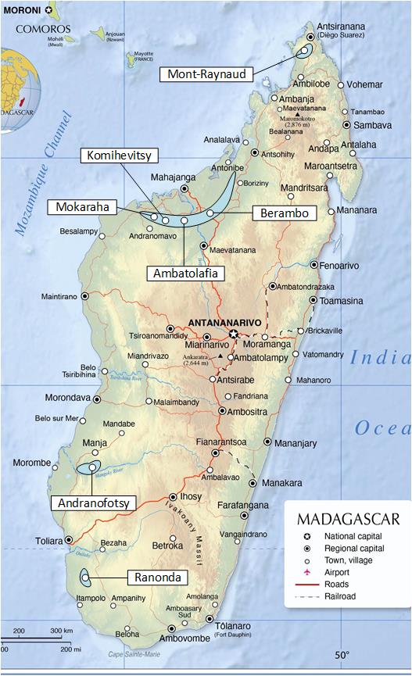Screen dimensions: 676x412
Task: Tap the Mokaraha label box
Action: (x=81, y=207)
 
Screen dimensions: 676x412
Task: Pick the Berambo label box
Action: (x=283, y=213)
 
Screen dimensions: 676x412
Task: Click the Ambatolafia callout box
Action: (x=185, y=273)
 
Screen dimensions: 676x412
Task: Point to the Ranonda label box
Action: (x=156, y=578)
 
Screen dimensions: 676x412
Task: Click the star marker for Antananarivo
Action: (x=233, y=334)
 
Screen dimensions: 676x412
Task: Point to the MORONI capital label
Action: (x=22, y=10)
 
